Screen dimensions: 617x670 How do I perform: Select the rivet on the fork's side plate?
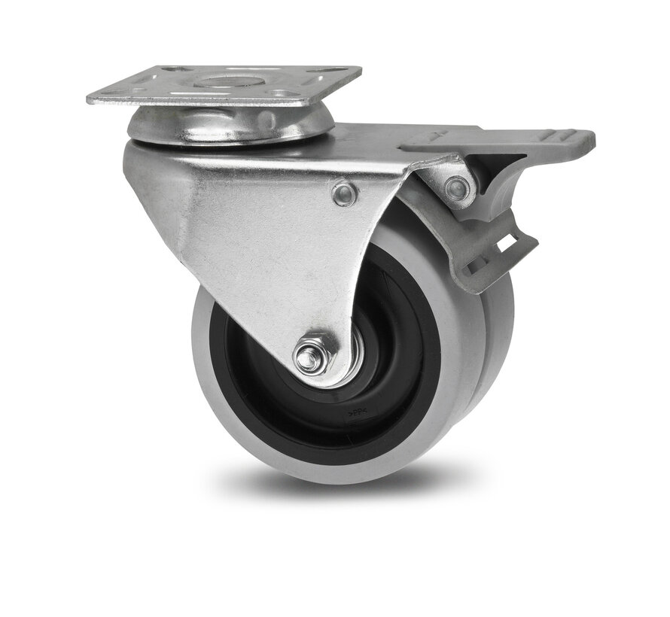point(345,194)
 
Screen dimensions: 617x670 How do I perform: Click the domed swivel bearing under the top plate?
point(230,126)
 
